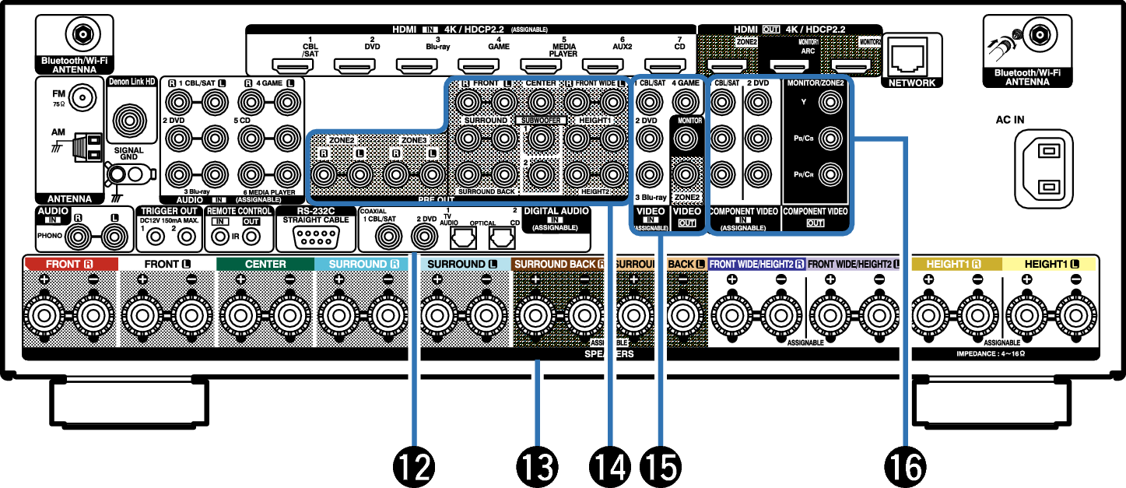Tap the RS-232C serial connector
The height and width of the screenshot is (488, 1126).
click(315, 236)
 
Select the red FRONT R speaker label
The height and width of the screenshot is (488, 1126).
click(71, 264)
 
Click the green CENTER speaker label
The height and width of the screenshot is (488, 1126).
click(265, 264)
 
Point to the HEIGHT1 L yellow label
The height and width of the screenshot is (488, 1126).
click(1049, 264)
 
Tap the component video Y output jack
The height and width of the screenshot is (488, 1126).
click(830, 101)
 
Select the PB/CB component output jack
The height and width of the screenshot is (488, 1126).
click(830, 138)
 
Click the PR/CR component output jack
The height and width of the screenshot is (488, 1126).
click(830, 173)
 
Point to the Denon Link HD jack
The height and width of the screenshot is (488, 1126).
click(81, 98)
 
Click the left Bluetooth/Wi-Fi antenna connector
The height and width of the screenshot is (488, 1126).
click(81, 33)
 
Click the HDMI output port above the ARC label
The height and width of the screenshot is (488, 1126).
click(789, 65)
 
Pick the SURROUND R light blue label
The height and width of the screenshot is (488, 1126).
click(363, 264)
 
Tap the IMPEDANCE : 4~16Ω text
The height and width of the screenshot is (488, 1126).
click(990, 353)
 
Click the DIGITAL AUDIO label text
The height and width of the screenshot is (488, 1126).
click(556, 211)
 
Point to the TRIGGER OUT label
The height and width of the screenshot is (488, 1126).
click(169, 211)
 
